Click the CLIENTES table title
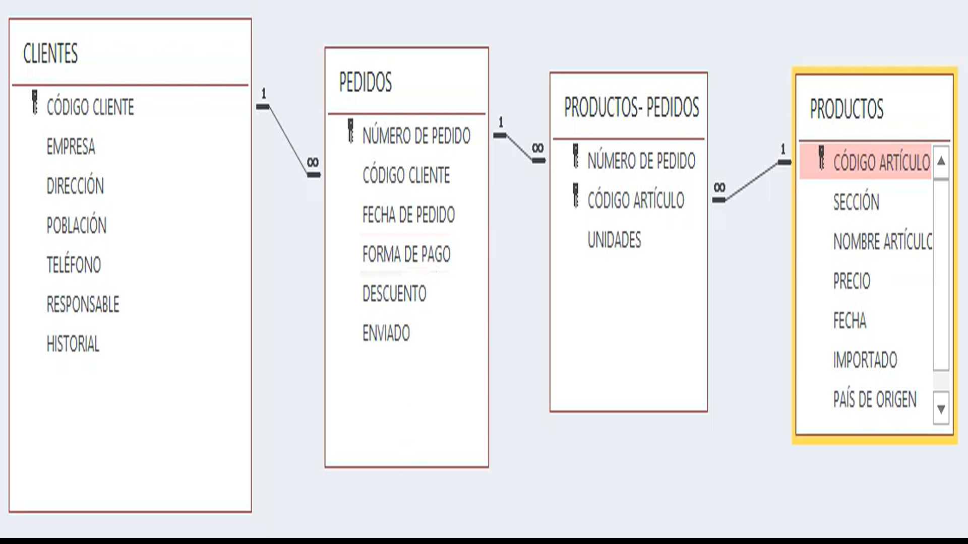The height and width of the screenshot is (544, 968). click(50, 53)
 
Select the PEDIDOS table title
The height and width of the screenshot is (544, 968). click(365, 83)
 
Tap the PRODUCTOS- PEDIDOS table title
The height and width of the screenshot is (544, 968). click(631, 107)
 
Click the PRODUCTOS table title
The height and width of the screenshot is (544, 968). click(846, 109)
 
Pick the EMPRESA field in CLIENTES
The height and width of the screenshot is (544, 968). click(71, 147)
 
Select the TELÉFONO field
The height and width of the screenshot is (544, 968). click(74, 265)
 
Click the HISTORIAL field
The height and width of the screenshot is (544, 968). click(73, 344)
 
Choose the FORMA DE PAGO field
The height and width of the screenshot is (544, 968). click(406, 254)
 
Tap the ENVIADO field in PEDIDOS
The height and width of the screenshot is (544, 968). click(386, 333)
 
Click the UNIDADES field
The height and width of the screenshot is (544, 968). click(614, 240)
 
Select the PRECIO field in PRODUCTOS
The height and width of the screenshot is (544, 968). click(852, 281)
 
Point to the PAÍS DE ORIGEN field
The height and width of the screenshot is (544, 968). click(875, 399)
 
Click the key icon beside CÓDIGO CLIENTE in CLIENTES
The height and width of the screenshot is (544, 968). click(35, 102)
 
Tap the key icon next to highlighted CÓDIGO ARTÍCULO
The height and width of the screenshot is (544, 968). click(821, 158)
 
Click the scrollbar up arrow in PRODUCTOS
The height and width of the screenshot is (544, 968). click(941, 162)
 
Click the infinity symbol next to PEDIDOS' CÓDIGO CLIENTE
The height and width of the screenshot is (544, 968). click(313, 162)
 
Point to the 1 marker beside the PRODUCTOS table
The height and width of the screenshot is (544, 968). click(783, 149)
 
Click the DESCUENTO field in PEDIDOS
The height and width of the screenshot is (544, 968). click(394, 294)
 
